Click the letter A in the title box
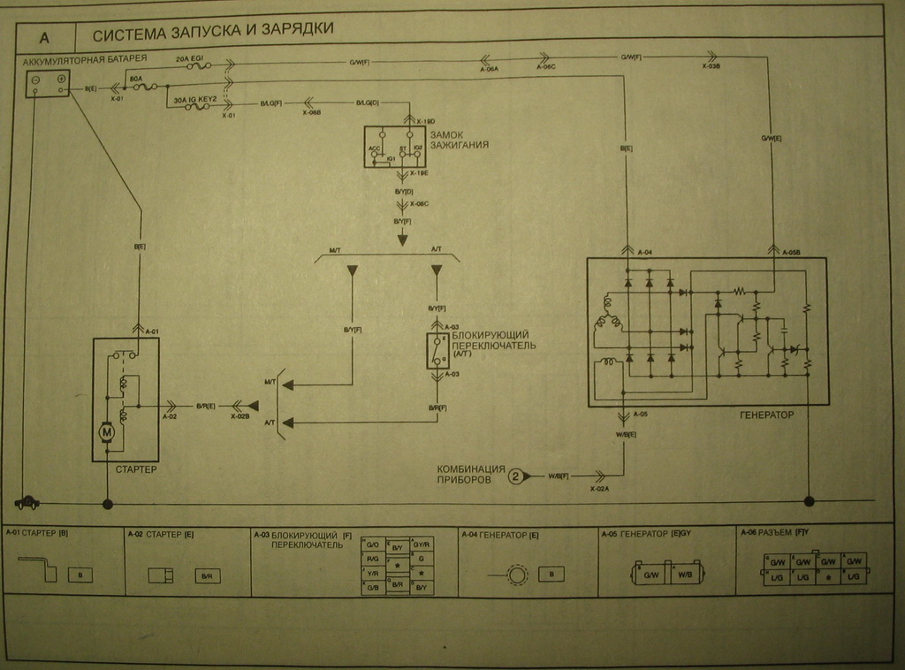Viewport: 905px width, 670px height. point(43,39)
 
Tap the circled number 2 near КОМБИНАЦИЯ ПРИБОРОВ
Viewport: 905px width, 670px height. point(515,476)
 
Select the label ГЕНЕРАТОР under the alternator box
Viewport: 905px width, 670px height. point(764,414)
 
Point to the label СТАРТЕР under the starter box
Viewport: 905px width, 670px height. point(136,469)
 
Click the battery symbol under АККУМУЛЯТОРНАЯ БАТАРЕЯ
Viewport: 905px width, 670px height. point(48,84)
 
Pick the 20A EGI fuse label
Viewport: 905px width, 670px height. point(191,57)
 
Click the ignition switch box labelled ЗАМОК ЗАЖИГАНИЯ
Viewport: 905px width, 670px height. point(394,146)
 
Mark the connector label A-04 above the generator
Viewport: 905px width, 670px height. point(643,252)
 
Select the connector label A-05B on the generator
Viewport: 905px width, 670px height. point(792,253)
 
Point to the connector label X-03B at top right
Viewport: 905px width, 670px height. point(711,66)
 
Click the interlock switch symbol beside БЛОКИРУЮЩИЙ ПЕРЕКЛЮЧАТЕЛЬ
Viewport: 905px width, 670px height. point(436,352)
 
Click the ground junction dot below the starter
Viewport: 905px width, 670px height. point(108,504)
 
